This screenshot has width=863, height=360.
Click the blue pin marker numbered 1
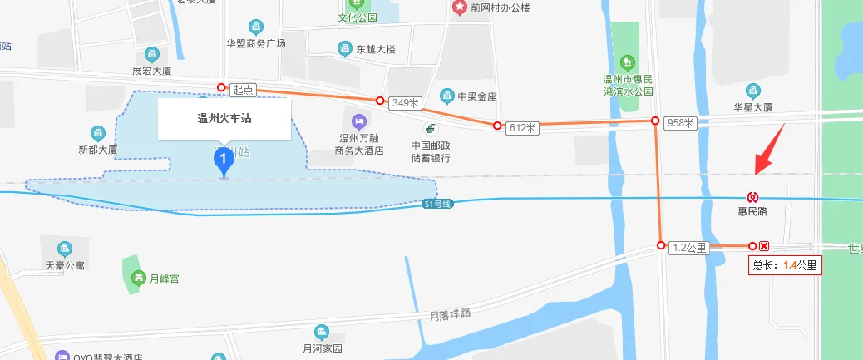(223, 160)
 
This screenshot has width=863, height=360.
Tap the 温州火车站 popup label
(224, 119)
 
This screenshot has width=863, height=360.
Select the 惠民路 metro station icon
(752, 197)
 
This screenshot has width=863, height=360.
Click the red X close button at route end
(764, 246)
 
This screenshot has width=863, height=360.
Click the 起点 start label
(244, 89)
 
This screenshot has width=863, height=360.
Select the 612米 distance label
(525, 127)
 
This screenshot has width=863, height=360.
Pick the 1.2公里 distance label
(689, 247)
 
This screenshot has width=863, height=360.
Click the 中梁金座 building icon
(447, 96)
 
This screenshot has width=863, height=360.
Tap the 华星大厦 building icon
(753, 90)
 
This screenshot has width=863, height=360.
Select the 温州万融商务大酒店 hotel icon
(358, 121)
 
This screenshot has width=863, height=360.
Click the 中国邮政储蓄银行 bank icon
(431, 129)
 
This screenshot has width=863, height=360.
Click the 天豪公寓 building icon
(65, 249)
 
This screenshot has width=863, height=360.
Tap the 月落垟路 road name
(451, 314)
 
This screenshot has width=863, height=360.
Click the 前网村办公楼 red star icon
(459, 7)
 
